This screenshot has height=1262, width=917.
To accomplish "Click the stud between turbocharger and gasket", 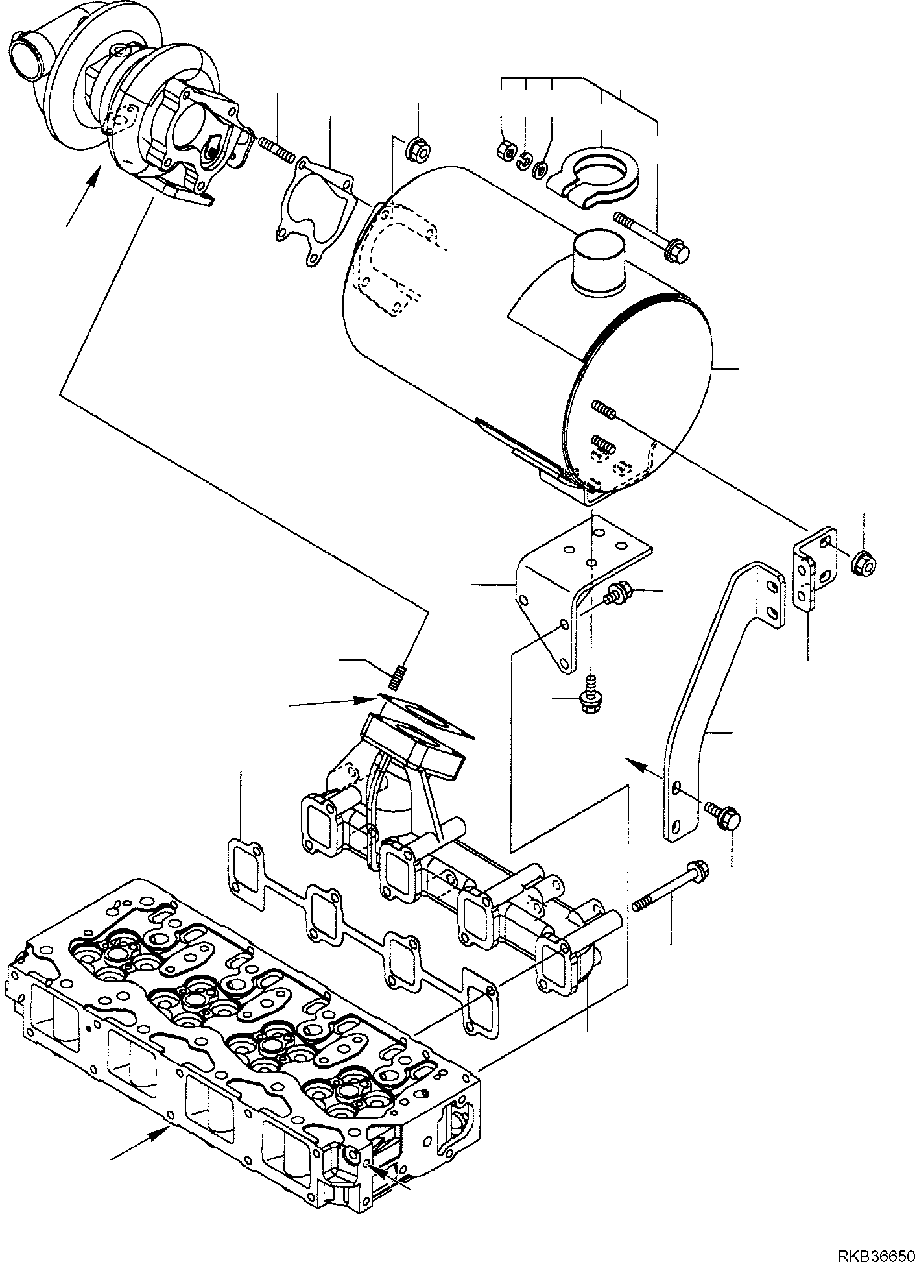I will click(277, 149).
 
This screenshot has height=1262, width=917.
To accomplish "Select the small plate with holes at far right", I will click(813, 568).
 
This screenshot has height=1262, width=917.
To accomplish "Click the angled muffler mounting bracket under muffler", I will click(571, 584).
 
